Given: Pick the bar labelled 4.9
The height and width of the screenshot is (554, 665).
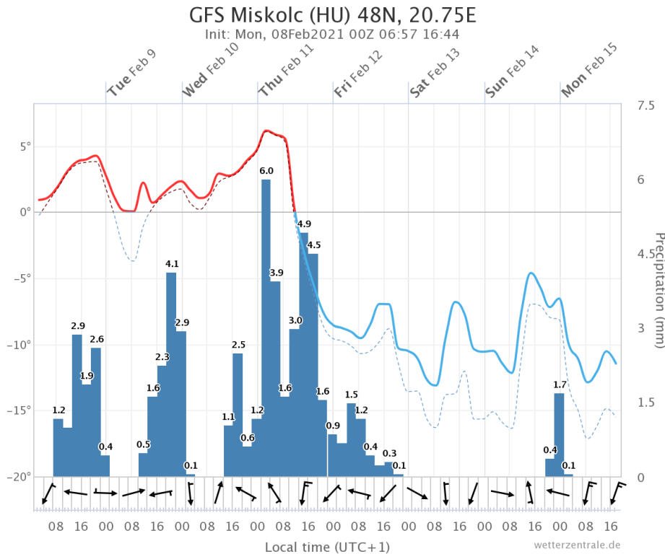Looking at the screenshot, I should [304, 353].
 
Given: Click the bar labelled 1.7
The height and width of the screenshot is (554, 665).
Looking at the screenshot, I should [559, 433].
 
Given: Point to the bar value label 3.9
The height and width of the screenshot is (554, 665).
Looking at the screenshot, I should [276, 273].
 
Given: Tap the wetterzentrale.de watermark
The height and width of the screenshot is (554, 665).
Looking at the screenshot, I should [577, 545].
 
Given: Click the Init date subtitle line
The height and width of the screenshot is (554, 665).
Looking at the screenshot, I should [333, 34].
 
